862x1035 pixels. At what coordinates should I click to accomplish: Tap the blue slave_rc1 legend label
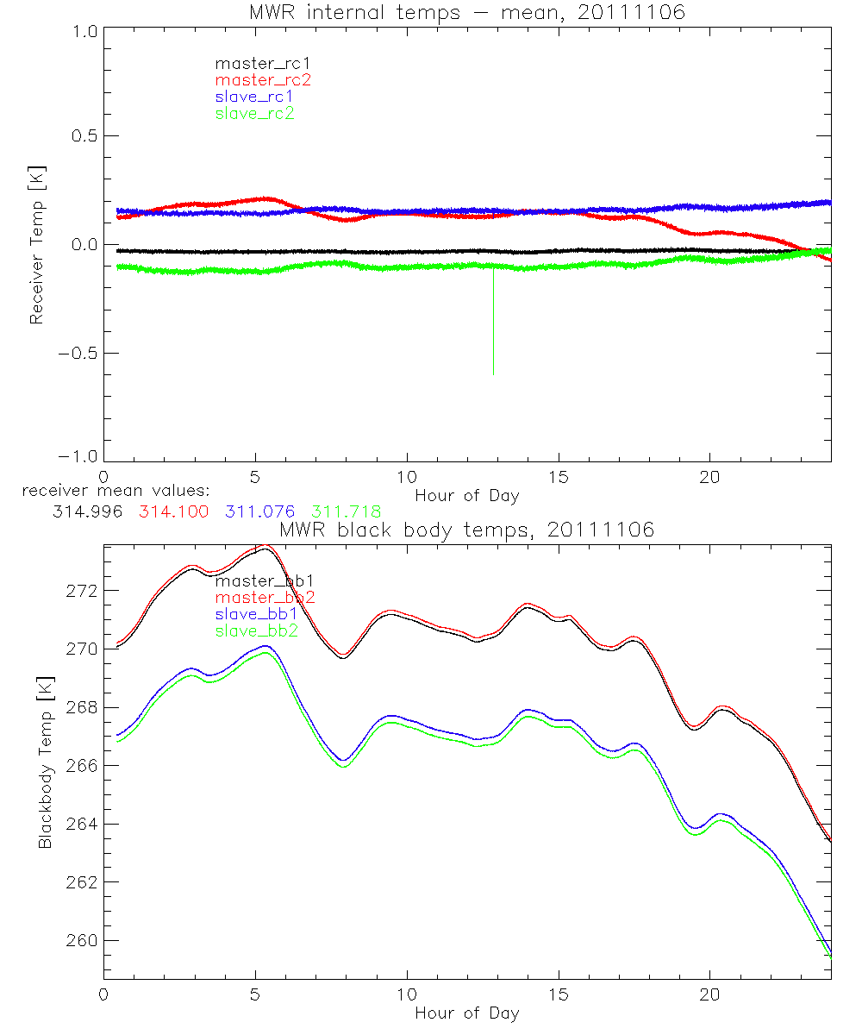tap(254, 96)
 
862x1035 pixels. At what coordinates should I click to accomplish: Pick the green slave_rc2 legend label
tap(254, 113)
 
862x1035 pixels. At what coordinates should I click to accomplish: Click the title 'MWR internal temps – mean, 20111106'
tap(466, 12)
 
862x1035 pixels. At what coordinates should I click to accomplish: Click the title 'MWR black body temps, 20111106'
tap(466, 530)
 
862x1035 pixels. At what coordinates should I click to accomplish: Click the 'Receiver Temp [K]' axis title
tap(36, 245)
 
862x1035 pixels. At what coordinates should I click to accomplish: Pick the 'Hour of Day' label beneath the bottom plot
tap(466, 1013)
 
